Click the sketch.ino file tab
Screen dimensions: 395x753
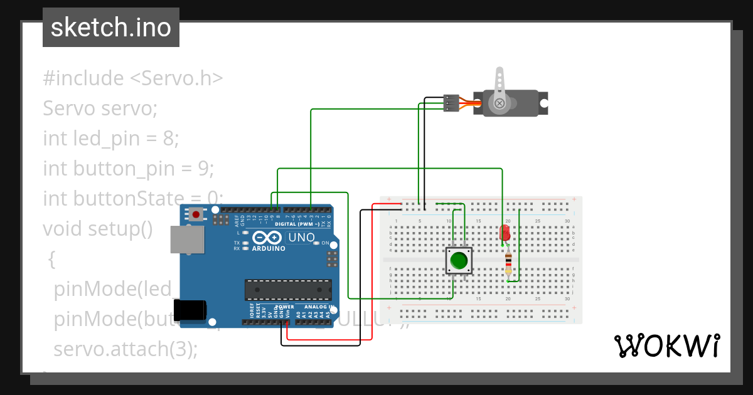[x=111, y=28]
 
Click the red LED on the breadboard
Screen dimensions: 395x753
[x=505, y=234]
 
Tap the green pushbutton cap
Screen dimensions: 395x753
[x=459, y=260]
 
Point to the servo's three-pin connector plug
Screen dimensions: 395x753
[x=451, y=103]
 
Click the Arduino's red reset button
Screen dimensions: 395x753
[x=196, y=214]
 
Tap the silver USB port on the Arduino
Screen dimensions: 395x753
[x=186, y=240]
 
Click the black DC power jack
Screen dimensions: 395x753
[x=190, y=310]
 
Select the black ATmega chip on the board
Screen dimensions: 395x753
[x=288, y=289]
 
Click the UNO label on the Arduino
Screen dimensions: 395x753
[x=301, y=238]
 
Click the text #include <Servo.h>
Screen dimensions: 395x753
[x=133, y=78]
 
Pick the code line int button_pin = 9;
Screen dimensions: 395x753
[x=129, y=168]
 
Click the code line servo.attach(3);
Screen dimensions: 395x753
[x=125, y=349]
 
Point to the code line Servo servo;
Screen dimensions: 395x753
[x=100, y=108]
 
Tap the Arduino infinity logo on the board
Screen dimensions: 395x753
[x=267, y=238]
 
